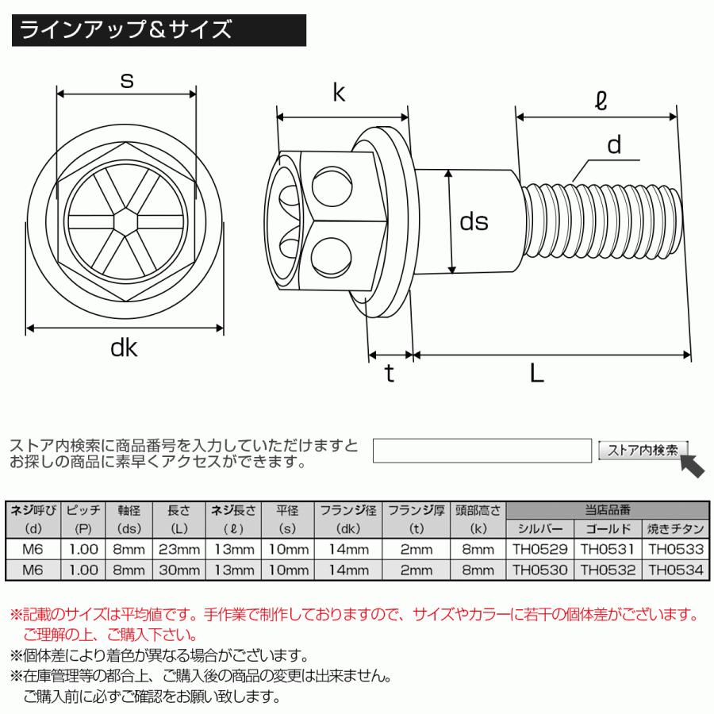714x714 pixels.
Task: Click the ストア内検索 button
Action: (642, 450)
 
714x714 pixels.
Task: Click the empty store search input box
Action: (482, 450)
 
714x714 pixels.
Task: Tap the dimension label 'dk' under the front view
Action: (125, 347)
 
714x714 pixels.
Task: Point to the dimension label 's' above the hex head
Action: (125, 79)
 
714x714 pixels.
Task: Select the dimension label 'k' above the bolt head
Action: (339, 94)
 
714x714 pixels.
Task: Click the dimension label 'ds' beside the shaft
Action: (474, 222)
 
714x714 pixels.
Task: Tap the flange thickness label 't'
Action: (389, 374)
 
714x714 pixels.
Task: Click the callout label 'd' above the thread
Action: (613, 145)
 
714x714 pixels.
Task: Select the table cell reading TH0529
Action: (539, 548)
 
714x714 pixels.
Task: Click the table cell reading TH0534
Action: (675, 569)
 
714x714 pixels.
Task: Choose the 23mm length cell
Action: (178, 548)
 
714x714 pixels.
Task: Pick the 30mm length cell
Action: (178, 569)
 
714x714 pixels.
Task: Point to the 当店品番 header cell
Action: (607, 509)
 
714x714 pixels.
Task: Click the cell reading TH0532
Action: (608, 569)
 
